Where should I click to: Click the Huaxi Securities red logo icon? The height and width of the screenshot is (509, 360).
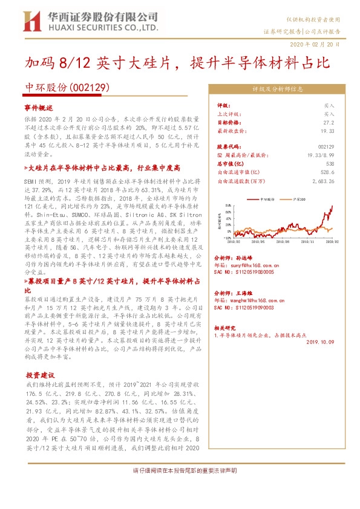[31, 21]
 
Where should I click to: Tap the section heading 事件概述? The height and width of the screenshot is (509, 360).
[39, 106]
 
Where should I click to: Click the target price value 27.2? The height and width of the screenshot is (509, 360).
[329, 122]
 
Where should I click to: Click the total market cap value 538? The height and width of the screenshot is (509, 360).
[330, 163]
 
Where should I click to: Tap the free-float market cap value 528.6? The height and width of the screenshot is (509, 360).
[327, 172]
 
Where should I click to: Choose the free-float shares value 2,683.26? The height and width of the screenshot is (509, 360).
[323, 180]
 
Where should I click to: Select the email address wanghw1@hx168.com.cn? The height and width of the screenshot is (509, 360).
[251, 299]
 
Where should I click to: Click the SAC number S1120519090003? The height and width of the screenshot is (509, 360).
[249, 307]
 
